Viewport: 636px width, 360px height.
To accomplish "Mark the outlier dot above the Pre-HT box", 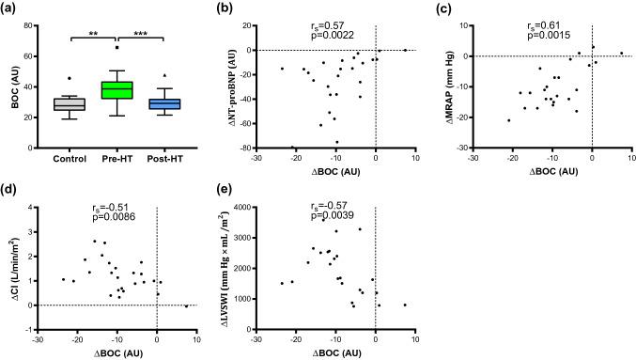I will [x=117, y=47].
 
